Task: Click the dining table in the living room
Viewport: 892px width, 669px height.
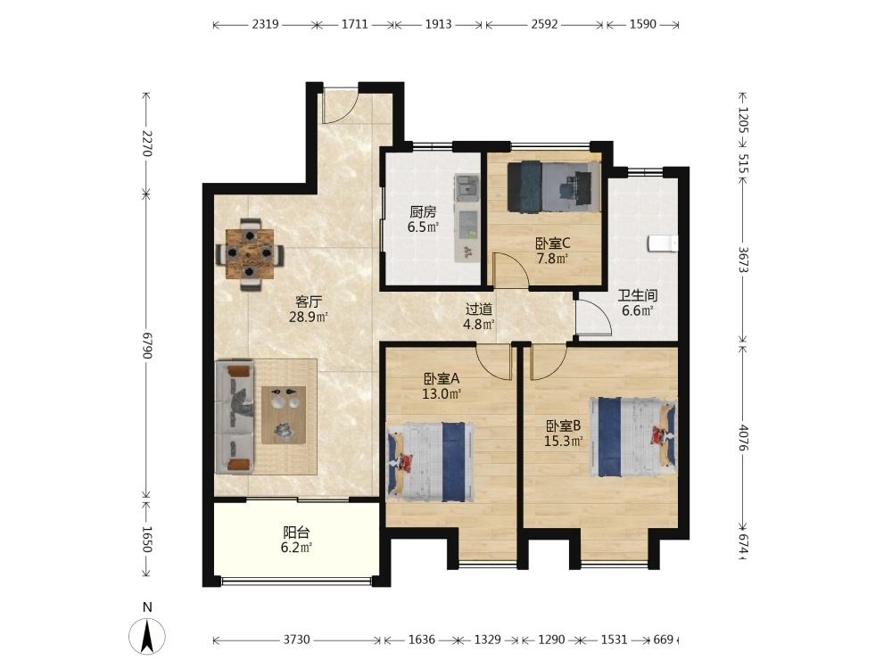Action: (250, 253)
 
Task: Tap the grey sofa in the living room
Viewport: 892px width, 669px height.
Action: (235, 417)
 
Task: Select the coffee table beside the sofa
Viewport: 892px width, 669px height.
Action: (284, 415)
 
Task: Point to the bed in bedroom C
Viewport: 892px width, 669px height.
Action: (554, 186)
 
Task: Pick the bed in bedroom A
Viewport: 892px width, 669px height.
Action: (431, 462)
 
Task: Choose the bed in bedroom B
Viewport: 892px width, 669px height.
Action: (632, 436)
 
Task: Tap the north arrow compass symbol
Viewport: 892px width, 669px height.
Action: (147, 635)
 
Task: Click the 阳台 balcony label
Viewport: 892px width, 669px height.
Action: (296, 533)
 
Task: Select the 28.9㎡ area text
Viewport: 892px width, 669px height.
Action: (309, 317)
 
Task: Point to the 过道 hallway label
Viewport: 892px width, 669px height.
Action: (479, 309)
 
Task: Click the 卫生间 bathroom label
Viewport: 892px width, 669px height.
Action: (638, 295)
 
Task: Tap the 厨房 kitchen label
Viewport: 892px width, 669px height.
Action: (423, 212)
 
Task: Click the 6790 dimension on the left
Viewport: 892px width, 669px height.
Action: (147, 345)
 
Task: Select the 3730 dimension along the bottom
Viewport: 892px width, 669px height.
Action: (296, 640)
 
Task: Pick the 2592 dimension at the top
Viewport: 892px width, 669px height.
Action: (544, 24)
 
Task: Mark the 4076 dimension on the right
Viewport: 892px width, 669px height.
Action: (742, 437)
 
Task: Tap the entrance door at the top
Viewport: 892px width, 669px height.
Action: (340, 106)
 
